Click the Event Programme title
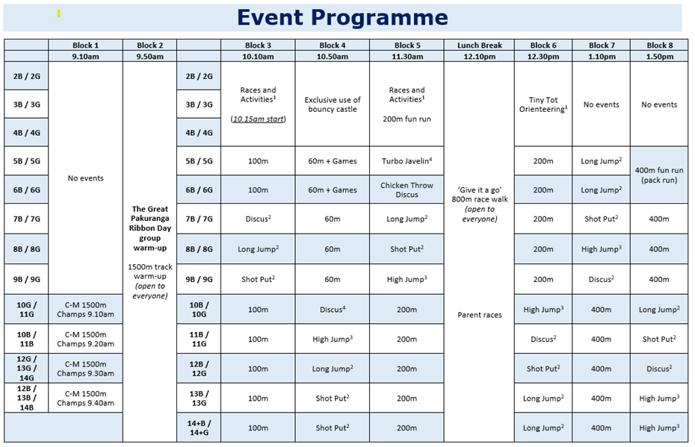point(342,18)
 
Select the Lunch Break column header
point(478,46)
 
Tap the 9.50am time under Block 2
point(149,56)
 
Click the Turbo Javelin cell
point(407,161)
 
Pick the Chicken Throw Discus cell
point(407,190)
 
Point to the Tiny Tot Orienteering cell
point(543,104)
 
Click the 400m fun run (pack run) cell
point(658,175)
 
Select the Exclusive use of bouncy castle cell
point(332,104)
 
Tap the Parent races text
point(478,315)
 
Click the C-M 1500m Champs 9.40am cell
point(85,398)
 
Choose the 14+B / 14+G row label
point(199,428)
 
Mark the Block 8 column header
point(658,46)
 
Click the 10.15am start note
point(258,119)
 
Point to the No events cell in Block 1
point(85,178)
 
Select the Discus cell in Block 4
point(332,309)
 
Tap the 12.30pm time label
point(543,56)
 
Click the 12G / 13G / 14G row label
point(26,369)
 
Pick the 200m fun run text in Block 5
point(407,119)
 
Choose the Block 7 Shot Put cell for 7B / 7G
point(601,219)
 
